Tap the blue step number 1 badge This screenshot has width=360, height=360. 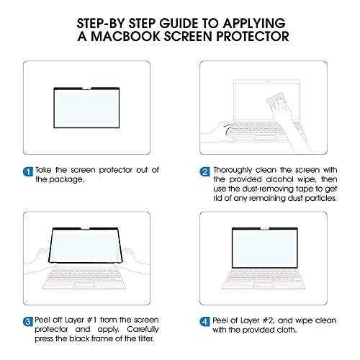coord(27,171)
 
